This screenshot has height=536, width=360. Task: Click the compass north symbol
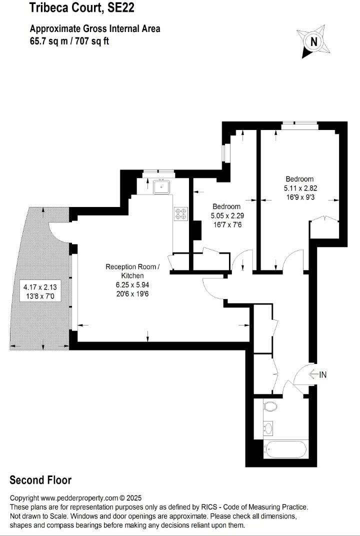pyautogui.click(x=314, y=42)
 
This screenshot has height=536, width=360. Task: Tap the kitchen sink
pyautogui.click(x=162, y=186)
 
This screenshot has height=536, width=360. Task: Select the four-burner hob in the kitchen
pyautogui.click(x=180, y=214)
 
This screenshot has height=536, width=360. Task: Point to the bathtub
pyautogui.click(x=286, y=450)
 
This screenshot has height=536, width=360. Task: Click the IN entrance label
pyautogui.click(x=322, y=374)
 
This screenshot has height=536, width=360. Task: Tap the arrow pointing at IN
pyautogui.click(x=313, y=374)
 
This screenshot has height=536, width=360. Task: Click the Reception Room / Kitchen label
pyautogui.click(x=132, y=271)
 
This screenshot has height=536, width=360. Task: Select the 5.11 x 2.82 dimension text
pyautogui.click(x=300, y=188)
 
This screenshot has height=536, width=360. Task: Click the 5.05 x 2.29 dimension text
pyautogui.click(x=226, y=216)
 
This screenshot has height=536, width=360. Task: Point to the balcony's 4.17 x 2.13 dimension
pyautogui.click(x=40, y=287)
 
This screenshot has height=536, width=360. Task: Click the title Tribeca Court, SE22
pyautogui.click(x=82, y=8)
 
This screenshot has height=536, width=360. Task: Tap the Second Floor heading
pyautogui.click(x=40, y=480)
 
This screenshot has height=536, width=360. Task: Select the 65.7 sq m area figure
pyautogui.click(x=49, y=41)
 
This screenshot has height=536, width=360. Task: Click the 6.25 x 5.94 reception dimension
pyautogui.click(x=132, y=285)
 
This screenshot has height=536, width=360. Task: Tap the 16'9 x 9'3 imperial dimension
pyautogui.click(x=300, y=197)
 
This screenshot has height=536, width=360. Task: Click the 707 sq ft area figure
pyautogui.click(x=91, y=41)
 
